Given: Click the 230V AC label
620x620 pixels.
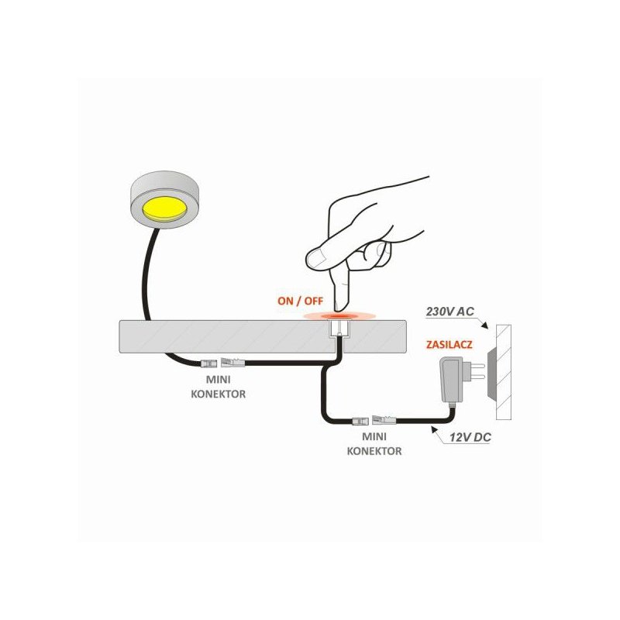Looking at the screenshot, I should point(450,312).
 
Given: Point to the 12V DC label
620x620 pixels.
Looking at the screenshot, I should point(470,438).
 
